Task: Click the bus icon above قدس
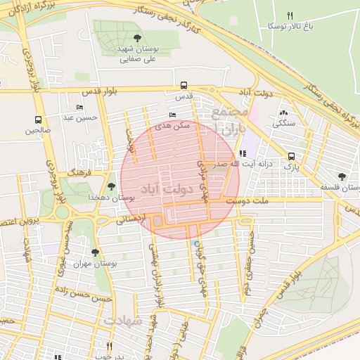tap(184, 84)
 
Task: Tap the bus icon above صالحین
tap(38, 119)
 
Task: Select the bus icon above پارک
tap(291, 156)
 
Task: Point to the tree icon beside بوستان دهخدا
tap(112, 186)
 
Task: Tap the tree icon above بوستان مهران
tap(95, 252)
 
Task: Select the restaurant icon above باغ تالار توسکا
tap(290, 15)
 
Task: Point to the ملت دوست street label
tap(245, 201)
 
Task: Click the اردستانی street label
tap(132, 219)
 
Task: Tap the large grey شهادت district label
tap(124, 320)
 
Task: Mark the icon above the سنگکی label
tap(283, 112)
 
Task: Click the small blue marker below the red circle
tap(195, 243)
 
